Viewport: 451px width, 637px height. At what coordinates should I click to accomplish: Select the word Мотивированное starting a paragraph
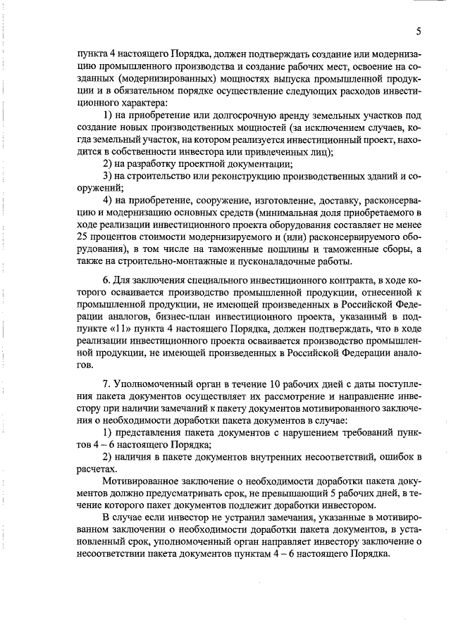point(140,481)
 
